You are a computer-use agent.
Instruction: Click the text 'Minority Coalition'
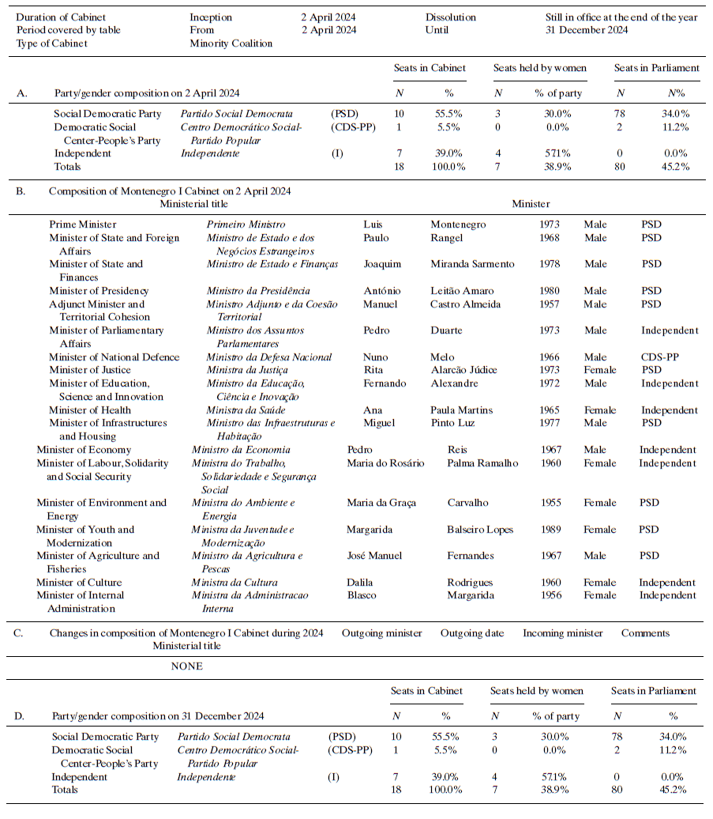(231, 43)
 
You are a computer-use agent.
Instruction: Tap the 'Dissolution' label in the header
(450, 17)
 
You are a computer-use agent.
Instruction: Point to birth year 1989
(551, 530)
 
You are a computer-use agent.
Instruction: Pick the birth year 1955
(551, 503)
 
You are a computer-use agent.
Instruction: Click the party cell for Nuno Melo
(659, 357)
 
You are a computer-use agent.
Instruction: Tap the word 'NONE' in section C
(187, 666)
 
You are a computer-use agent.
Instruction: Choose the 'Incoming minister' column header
(562, 633)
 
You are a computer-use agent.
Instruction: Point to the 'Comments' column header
(645, 633)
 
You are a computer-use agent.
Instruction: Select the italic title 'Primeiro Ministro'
(246, 225)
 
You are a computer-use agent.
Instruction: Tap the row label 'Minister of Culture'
(79, 583)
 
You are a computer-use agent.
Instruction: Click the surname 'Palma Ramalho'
(482, 463)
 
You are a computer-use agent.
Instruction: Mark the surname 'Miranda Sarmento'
(472, 264)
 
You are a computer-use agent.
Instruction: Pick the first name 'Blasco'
(362, 595)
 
